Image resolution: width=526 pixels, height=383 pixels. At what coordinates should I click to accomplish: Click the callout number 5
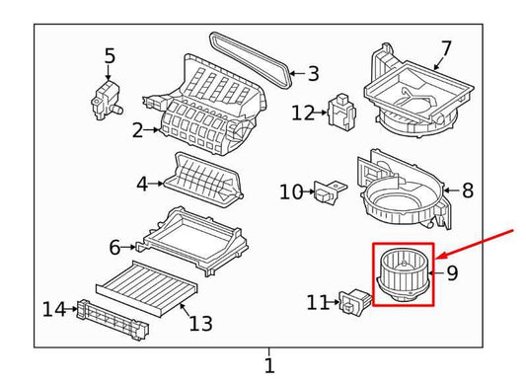pos(110,56)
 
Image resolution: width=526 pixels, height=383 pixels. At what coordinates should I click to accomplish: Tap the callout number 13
pos(200,323)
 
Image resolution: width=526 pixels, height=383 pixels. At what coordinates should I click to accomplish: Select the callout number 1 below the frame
pos(269,365)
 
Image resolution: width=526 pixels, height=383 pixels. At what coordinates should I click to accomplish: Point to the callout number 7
pos(446,49)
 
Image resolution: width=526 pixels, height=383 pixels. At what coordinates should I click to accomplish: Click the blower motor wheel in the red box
pos(403,275)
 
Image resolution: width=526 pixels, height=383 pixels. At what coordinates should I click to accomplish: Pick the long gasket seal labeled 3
pos(251,60)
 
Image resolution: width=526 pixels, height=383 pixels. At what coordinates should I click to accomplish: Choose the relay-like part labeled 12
pos(341,111)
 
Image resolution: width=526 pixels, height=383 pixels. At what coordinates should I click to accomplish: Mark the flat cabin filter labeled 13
pos(147,289)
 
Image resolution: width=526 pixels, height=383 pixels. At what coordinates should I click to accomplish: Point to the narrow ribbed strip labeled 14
pos(113,320)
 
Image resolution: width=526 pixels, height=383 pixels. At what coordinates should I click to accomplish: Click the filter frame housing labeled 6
pos(192,241)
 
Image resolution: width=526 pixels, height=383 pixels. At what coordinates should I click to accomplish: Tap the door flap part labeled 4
pos(203,181)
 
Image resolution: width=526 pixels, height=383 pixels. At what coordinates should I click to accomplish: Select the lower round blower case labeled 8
pos(405,190)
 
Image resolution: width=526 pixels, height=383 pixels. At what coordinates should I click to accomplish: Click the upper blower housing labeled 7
pos(418,91)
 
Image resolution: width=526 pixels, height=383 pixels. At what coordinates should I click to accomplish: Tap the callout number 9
pos(452,272)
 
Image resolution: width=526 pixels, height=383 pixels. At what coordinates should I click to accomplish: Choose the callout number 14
pos(54,309)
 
